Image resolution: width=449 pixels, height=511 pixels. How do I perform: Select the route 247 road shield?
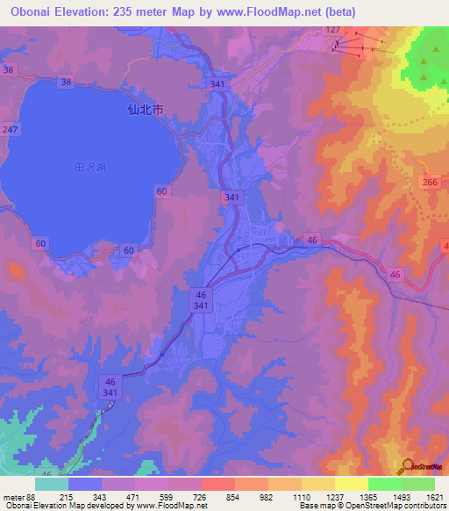tap(10, 129)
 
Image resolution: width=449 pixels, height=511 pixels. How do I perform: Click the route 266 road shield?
tap(430, 182)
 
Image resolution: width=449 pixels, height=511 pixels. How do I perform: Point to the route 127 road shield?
tap(332, 30)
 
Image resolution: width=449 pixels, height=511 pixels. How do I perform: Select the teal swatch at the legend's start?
tap(51, 484)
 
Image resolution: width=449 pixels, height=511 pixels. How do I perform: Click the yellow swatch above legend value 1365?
tap(351, 484)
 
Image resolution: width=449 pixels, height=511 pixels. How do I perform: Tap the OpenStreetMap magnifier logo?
tap(406, 467)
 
